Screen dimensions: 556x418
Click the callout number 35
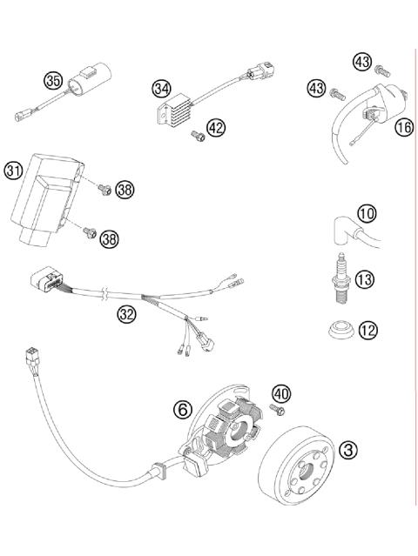53,81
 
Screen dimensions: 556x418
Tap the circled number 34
160,88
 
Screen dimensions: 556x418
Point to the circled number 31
13,169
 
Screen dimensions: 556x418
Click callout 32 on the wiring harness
128,313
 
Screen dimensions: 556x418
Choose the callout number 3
349,449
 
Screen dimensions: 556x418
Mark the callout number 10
367,213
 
